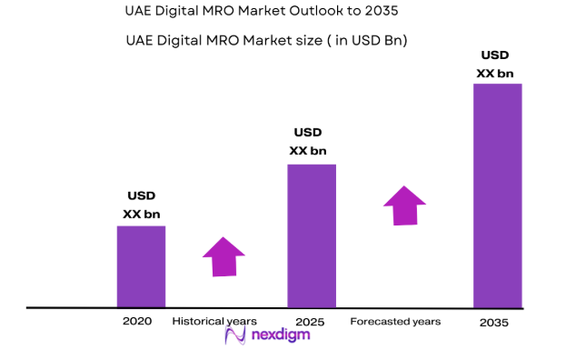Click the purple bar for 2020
click(x=141, y=266)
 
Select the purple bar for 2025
click(x=312, y=235)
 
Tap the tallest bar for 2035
click(x=498, y=195)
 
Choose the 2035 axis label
click(x=495, y=323)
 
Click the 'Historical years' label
click(x=214, y=322)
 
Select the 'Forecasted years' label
click(x=395, y=322)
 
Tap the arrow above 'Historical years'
click(x=223, y=256)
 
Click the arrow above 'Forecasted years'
click(x=403, y=205)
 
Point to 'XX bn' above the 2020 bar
click(x=142, y=214)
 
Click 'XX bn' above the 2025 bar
click(x=308, y=151)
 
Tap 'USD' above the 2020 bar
click(x=142, y=196)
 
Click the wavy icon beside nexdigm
click(x=235, y=336)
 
